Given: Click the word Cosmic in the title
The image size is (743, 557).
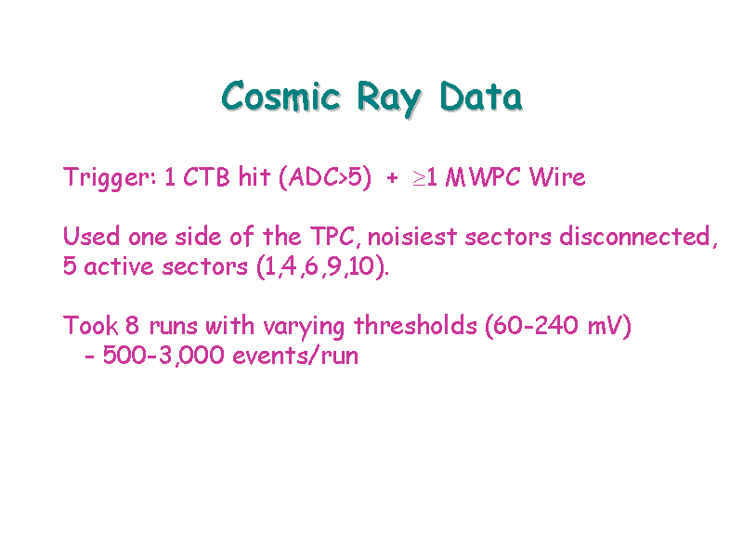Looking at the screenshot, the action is [x=281, y=97].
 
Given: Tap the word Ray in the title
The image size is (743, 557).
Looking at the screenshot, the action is [x=388, y=98].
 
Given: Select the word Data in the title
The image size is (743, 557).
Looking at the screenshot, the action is [x=481, y=97].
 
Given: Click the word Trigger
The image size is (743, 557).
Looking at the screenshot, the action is [x=110, y=178].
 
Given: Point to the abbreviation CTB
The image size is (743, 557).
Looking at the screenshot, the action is [x=206, y=177].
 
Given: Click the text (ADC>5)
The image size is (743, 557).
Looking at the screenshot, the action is [x=325, y=177].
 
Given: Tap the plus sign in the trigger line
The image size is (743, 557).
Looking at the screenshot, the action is [x=392, y=178].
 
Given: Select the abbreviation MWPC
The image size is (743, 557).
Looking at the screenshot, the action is [x=483, y=177].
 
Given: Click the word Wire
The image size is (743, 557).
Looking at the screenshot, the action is [x=557, y=177].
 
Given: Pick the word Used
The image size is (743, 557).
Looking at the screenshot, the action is [x=91, y=236].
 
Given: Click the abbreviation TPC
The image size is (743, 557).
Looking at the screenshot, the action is [x=332, y=236].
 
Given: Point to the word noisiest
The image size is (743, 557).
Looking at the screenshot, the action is [x=412, y=237].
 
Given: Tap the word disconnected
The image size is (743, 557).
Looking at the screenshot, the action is [x=635, y=236].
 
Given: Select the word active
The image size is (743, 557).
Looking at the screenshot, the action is [x=119, y=266].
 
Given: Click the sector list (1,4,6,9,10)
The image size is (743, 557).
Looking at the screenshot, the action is [x=322, y=266].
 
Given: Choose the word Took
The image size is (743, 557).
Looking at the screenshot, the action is [x=90, y=326].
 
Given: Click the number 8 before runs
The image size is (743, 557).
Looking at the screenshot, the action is [x=132, y=326].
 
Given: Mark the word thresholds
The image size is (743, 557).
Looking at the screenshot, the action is [x=415, y=326].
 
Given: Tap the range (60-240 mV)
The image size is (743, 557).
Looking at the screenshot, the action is [x=558, y=326].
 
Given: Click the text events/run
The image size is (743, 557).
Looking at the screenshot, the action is [x=295, y=356].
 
